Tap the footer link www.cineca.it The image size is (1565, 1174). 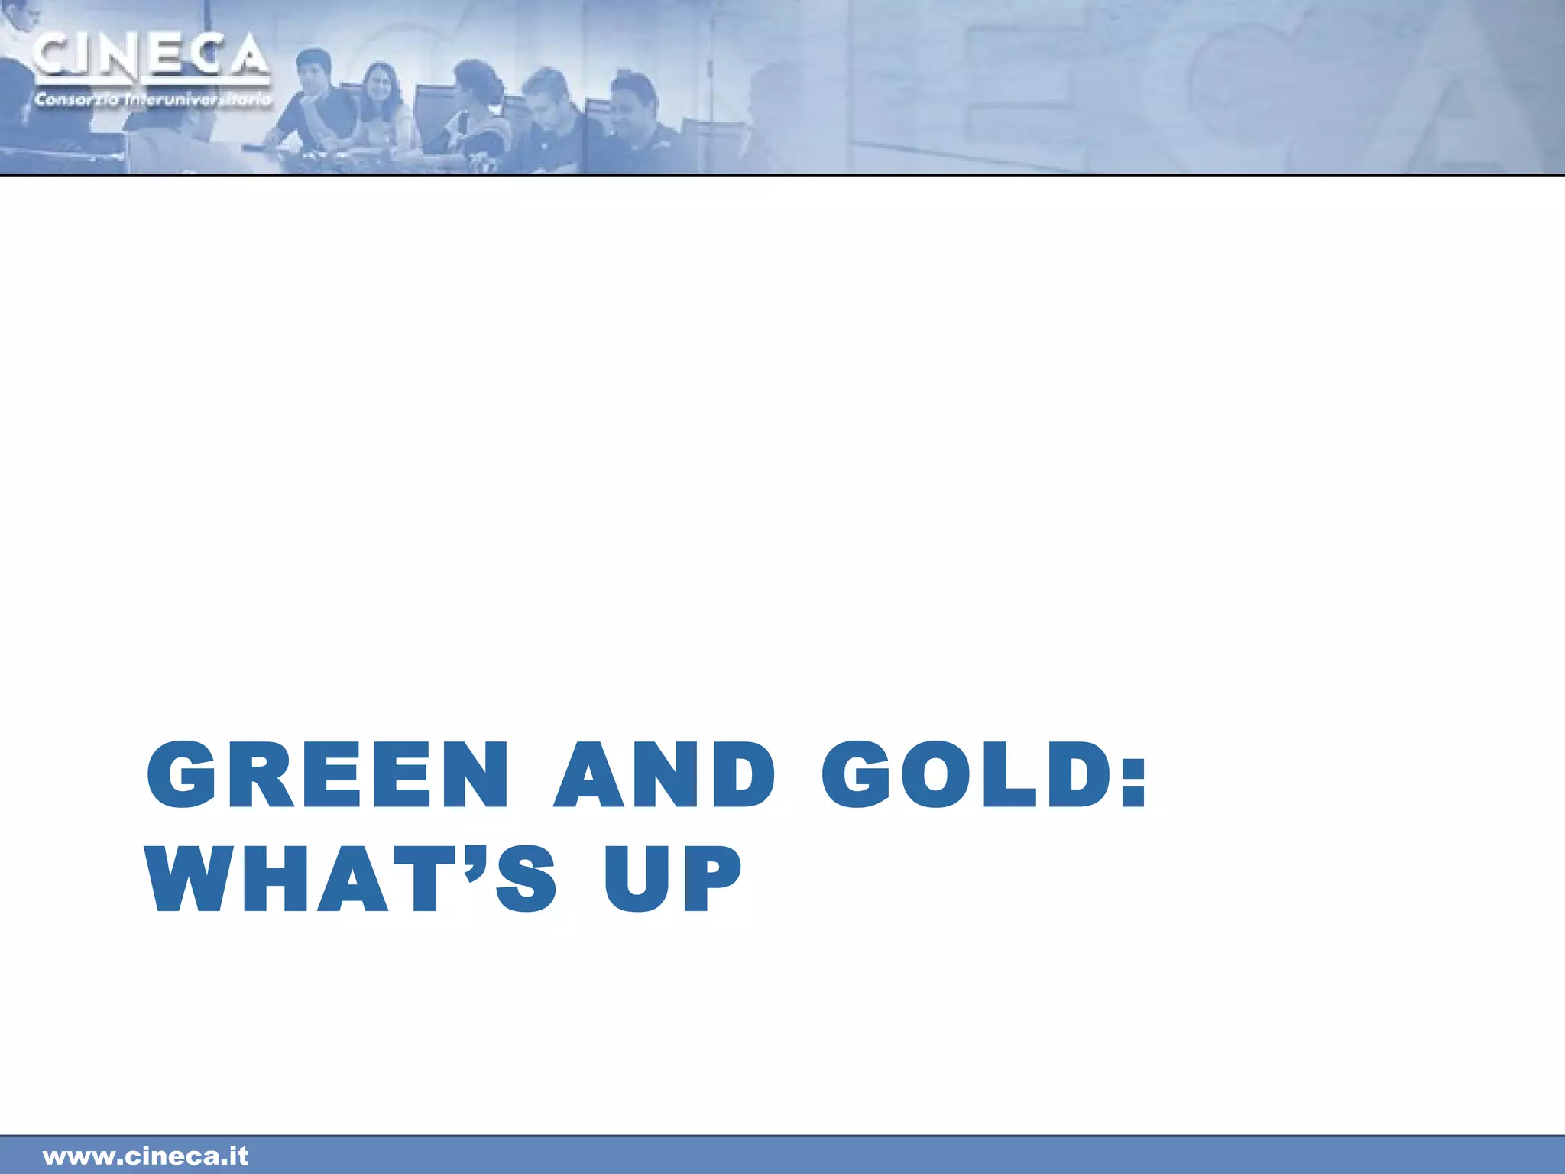[x=146, y=1156]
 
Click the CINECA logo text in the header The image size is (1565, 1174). [x=151, y=56]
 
